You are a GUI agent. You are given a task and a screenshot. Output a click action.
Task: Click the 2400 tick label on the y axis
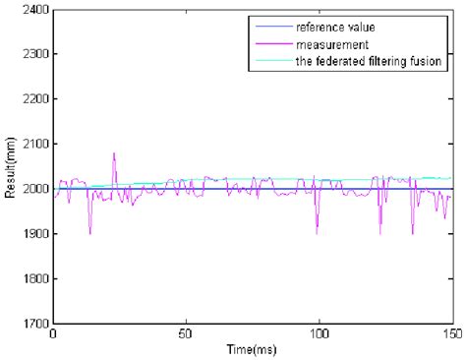(x=33, y=9)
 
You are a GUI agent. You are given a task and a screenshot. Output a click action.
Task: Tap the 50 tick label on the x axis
(x=186, y=334)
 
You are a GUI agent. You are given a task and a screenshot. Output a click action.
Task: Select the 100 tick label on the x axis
(x=319, y=334)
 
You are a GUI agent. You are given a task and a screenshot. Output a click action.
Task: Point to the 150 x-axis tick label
(x=450, y=334)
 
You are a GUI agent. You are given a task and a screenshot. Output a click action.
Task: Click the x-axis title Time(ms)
(x=251, y=349)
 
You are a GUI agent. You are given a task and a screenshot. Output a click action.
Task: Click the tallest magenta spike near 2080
(x=114, y=153)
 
